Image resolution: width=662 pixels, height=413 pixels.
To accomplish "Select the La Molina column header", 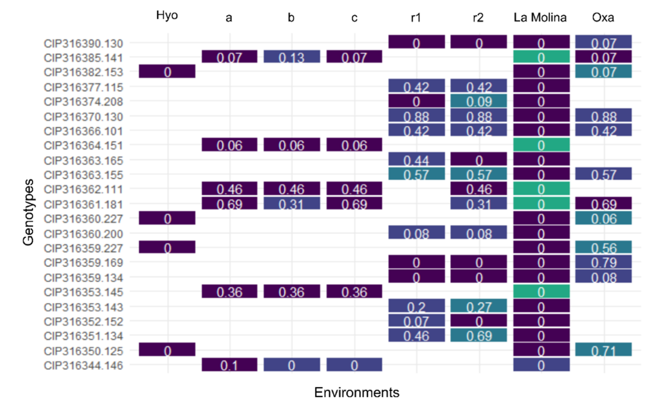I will pos(540,18).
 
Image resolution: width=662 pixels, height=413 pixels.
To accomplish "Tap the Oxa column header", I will pos(603,18).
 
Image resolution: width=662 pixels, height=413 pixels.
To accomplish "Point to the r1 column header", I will pos(416,18).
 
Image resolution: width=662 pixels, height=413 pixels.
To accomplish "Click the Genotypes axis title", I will pos(28,212).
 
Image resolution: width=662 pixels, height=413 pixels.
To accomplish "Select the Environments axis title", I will pos(357,393).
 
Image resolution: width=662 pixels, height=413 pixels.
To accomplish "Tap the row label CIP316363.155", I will pos(83,175).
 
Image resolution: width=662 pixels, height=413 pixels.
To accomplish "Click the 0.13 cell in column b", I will pos(292,57).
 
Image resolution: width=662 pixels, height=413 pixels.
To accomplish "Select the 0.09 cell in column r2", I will pos(479,101).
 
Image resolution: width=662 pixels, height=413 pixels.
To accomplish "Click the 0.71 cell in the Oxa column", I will pos(603,350).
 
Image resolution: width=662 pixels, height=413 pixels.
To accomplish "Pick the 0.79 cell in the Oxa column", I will pos(603,262).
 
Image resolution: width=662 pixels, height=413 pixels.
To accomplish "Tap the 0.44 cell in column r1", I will pos(416,160).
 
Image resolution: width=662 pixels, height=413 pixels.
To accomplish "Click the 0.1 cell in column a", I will pos(229,365).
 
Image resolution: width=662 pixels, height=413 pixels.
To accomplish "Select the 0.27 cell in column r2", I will pos(479,306).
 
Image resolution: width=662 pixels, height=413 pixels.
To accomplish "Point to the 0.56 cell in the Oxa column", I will pos(603,247).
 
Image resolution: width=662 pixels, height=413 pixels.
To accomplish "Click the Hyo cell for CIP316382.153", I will pos(167,72).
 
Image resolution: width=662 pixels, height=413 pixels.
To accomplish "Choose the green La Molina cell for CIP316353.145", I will pos(541,291).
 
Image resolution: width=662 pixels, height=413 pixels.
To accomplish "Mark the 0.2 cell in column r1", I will pos(416,306).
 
